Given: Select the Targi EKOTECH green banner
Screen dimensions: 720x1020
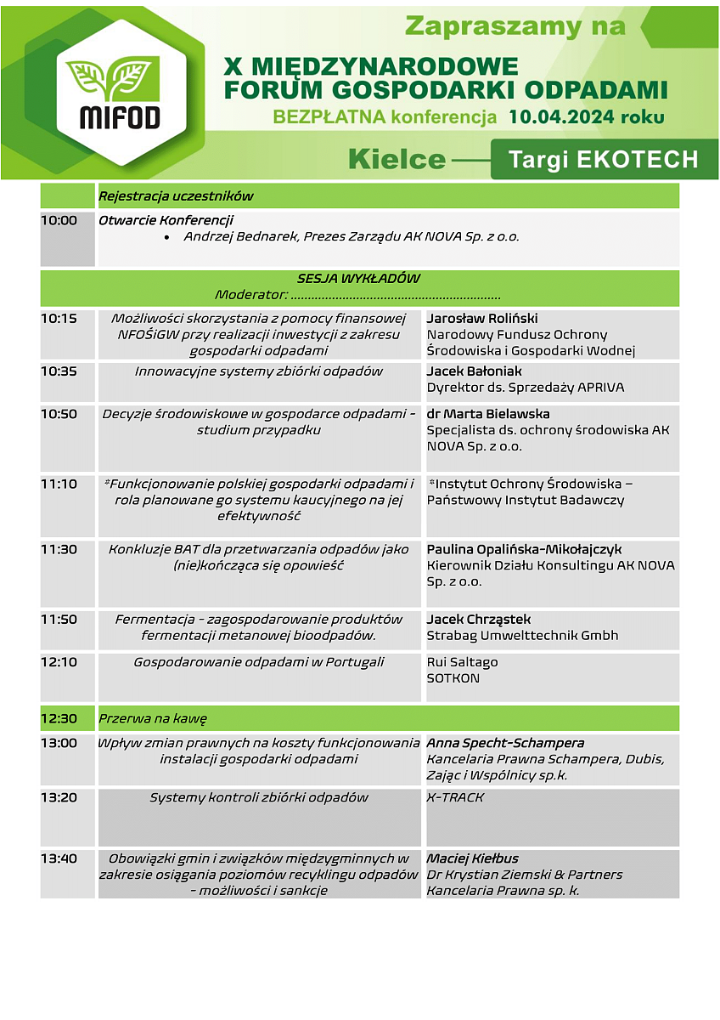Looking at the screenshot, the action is pos(604,159).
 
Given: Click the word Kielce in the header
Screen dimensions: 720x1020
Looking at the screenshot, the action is pos(397,159).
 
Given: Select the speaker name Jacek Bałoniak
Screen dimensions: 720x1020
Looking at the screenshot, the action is pos(474,371).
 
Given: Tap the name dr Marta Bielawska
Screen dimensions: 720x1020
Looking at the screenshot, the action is pos(488,414).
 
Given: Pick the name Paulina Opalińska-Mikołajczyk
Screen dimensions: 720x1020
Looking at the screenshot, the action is pos(524,550).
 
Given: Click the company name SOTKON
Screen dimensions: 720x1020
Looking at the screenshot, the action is pos(453,678).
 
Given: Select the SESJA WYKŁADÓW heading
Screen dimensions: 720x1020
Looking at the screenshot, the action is pos(358,279).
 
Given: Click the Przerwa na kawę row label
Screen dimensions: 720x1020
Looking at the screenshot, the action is pos(153,718).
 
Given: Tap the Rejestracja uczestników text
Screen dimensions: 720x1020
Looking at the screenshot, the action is pos(176,196).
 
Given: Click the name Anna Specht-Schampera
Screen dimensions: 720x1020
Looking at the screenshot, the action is pos(505,743).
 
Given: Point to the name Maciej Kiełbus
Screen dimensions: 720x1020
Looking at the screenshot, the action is pos(472,858).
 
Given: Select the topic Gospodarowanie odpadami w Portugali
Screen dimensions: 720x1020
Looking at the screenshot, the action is pos(259,662).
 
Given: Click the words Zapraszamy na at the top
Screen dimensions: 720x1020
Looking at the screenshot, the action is pos(515,26).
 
